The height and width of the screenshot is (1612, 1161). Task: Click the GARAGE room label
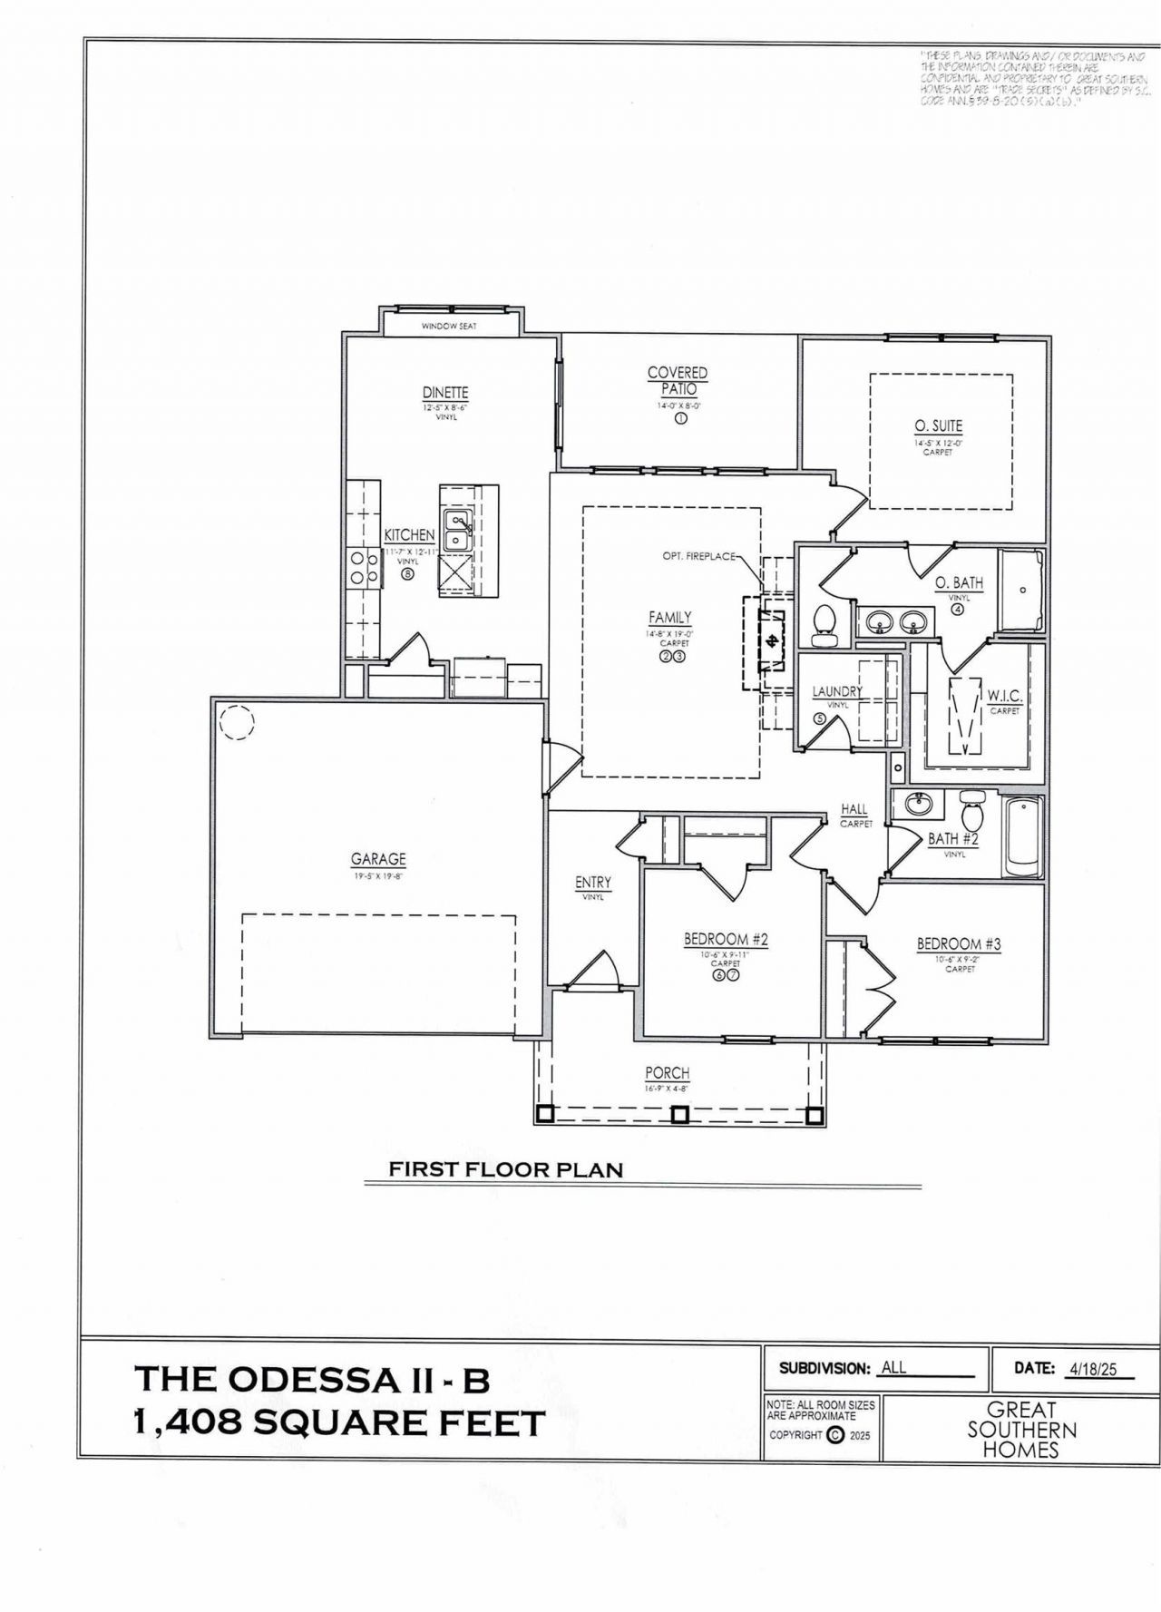coord(378,859)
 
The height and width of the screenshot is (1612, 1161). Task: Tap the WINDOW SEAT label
coord(449,326)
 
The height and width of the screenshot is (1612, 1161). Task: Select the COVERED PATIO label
coord(678,380)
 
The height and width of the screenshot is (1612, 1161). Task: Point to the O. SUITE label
coord(938,425)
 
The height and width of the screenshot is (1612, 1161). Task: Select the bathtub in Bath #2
coord(1022,836)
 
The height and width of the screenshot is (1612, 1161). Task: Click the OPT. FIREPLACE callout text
coord(698,556)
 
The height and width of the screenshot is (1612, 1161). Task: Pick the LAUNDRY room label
coord(837,692)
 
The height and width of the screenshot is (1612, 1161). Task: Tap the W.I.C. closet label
coord(1005,696)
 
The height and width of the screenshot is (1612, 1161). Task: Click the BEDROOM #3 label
coord(959,944)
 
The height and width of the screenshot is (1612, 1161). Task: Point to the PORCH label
coord(668,1073)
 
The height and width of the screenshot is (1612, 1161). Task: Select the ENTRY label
coord(593,883)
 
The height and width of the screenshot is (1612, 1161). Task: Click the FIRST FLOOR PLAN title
coord(506,1170)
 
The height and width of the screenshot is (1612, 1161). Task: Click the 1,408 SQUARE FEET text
coord(339,1423)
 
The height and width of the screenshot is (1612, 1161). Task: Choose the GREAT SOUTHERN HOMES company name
coord(1021,1430)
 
